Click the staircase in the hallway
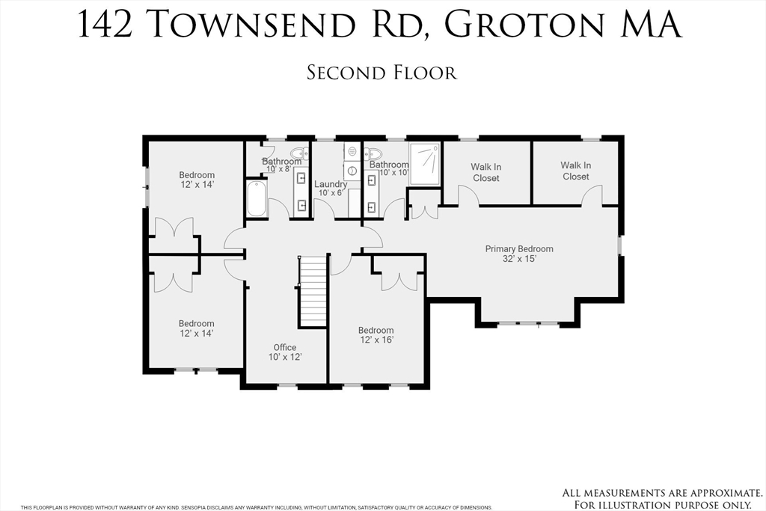coord(313,291)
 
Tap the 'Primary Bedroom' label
coord(519,249)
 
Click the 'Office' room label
coord(285,347)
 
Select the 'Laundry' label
coord(330,184)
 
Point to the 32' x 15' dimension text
coord(519,260)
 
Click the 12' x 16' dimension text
coord(376,340)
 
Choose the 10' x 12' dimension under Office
coord(285,358)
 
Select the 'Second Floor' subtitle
coord(382,73)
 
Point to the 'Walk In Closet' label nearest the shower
coord(485,173)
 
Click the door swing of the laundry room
coord(323,209)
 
